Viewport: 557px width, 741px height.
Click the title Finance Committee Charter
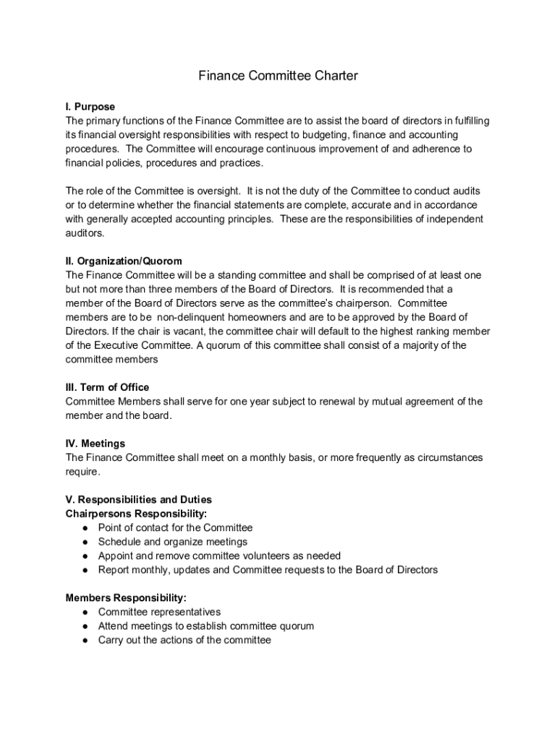(278, 75)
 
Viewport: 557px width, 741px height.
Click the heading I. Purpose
(90, 107)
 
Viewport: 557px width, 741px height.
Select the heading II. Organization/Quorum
(124, 261)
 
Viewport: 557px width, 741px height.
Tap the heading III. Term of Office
(107, 387)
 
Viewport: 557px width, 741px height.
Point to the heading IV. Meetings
(95, 444)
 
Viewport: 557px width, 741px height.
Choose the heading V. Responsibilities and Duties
(138, 500)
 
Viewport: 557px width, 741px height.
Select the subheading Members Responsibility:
(126, 598)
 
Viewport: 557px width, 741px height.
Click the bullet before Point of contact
(85, 528)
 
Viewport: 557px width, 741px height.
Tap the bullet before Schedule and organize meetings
(85, 542)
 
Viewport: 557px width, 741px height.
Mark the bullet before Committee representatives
(85, 612)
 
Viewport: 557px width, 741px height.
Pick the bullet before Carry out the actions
(85, 640)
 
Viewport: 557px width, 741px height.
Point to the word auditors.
(85, 233)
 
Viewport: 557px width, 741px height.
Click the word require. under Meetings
(83, 472)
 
